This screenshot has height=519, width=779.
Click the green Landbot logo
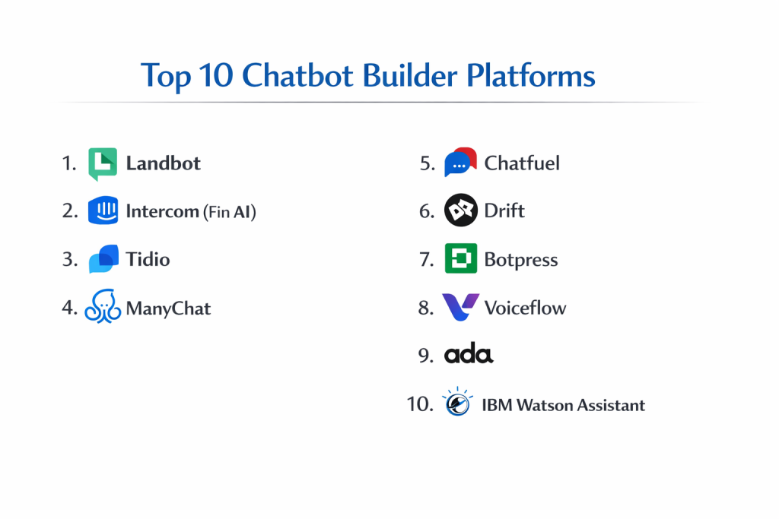tap(103, 163)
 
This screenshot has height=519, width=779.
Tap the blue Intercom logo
tap(103, 210)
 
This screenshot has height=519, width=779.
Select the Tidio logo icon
tap(103, 258)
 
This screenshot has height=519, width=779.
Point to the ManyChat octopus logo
tap(103, 306)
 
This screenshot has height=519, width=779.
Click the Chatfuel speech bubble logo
tap(460, 162)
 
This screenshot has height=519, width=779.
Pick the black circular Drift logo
tap(460, 210)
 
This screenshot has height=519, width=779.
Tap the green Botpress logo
tap(460, 258)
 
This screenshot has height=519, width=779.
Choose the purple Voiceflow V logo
tap(460, 307)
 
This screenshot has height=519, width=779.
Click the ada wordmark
tap(469, 353)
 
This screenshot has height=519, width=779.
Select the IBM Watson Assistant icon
tap(457, 402)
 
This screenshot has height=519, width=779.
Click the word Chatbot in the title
tap(297, 75)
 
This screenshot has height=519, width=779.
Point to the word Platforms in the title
tap(530, 75)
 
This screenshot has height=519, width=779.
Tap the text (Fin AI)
tap(230, 212)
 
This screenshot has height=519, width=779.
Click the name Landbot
tap(163, 163)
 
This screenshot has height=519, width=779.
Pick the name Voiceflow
tap(525, 308)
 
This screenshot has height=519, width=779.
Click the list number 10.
tap(420, 404)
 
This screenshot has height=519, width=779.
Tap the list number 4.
tap(69, 308)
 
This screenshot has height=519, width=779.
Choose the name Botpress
tap(521, 260)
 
